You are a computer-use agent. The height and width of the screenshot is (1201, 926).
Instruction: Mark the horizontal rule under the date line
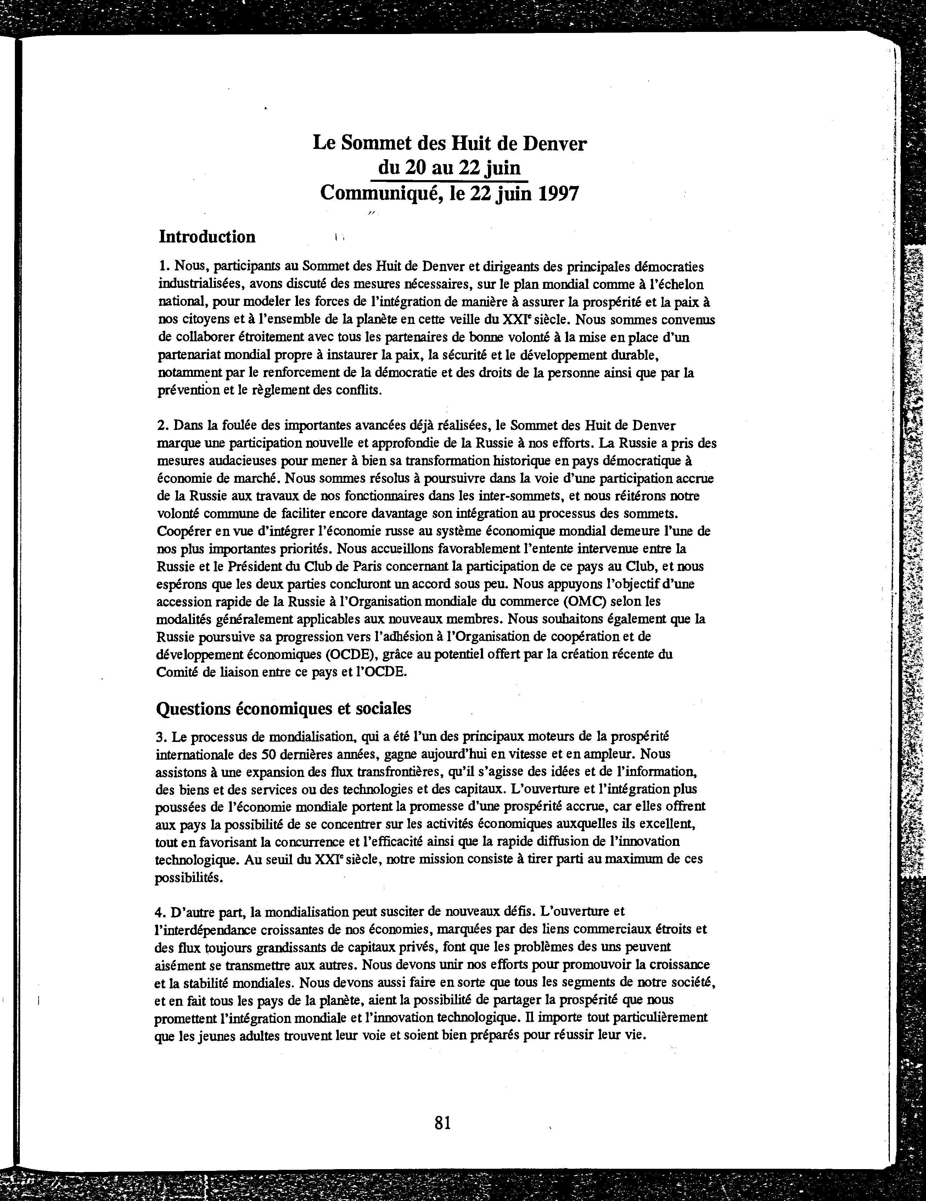click(x=449, y=180)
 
